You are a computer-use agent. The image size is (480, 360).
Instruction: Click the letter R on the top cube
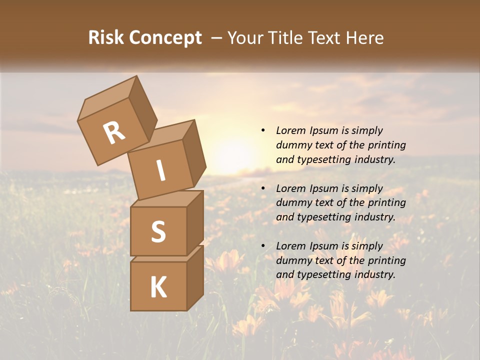click(x=114, y=132)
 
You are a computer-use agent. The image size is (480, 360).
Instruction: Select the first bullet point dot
click(x=263, y=130)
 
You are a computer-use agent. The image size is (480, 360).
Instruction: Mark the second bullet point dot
click(x=263, y=188)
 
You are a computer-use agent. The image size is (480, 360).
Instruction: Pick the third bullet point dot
click(x=263, y=246)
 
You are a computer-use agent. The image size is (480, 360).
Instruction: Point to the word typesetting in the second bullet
click(x=320, y=217)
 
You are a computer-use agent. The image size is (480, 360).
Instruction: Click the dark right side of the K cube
click(x=195, y=277)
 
